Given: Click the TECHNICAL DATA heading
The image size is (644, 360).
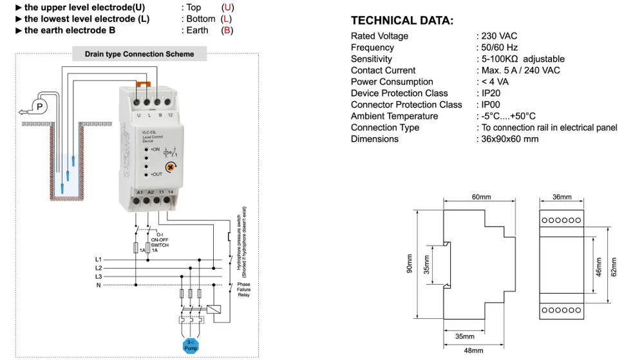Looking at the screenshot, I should [x=402, y=21].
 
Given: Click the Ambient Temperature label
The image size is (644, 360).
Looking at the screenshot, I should [x=394, y=116].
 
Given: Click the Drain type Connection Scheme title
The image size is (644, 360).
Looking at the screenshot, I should [x=139, y=54].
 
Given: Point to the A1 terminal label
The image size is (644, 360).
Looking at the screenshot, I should [x=139, y=192].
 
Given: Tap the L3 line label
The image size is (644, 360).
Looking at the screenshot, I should [x=99, y=276].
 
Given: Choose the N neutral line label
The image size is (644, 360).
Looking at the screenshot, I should [x=99, y=285].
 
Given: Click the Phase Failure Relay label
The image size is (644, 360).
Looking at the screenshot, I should [x=243, y=290].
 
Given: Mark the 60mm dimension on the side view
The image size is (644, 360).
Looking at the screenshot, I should [x=480, y=196].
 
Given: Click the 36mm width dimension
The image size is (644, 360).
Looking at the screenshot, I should [x=562, y=196].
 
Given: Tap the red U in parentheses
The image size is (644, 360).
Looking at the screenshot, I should [x=227, y=8].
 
